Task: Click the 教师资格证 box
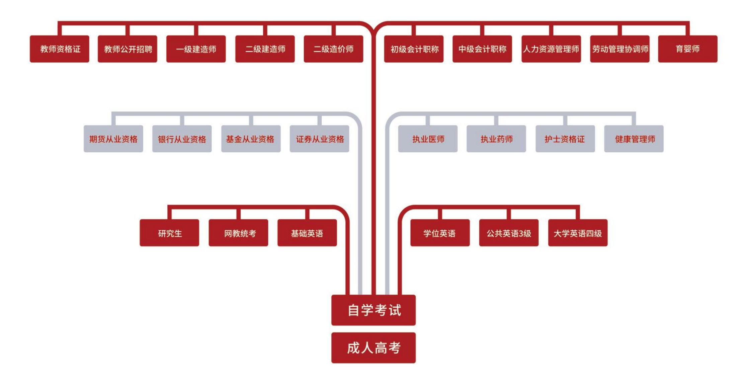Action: click(x=60, y=49)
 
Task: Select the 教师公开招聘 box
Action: click(x=128, y=49)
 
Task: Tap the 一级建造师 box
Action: click(x=196, y=49)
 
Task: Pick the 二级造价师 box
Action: click(x=334, y=49)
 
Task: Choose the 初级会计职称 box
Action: click(x=414, y=49)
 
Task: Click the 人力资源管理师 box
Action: click(x=551, y=49)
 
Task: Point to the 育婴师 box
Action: click(x=688, y=49)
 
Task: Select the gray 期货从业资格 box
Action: click(x=113, y=139)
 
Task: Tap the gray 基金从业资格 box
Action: click(x=251, y=139)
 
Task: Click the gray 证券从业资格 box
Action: click(x=320, y=139)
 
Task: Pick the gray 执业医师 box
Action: click(x=428, y=139)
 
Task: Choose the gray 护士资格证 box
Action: click(x=565, y=139)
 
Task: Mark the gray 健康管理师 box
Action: click(x=634, y=139)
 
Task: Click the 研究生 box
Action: click(x=169, y=233)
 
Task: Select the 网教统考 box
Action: click(x=238, y=233)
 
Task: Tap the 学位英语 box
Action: click(x=440, y=233)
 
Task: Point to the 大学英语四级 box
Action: click(x=578, y=233)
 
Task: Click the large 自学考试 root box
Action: click(x=373, y=310)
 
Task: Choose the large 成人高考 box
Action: click(x=373, y=348)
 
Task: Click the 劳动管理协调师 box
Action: click(x=620, y=49)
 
